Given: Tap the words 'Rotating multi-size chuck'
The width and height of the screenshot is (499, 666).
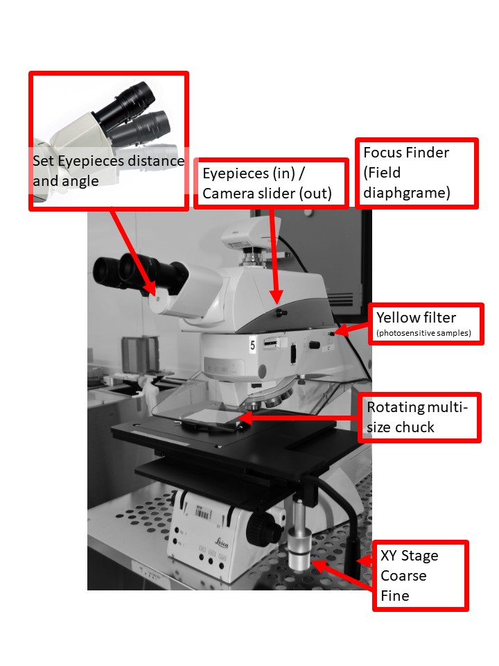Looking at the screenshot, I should pyautogui.click(x=417, y=416).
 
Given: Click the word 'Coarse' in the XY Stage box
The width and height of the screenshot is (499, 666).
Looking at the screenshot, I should pyautogui.click(x=403, y=576).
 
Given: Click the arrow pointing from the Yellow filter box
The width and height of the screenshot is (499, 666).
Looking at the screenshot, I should pyautogui.click(x=353, y=329).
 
